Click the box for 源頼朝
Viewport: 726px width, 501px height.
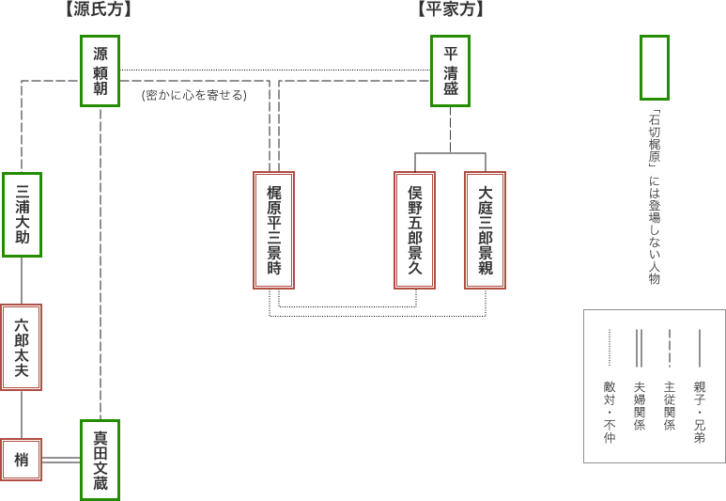pyautogui.click(x=100, y=71)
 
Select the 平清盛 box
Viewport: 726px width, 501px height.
pyautogui.click(x=450, y=71)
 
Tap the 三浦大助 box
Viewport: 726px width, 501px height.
pyautogui.click(x=22, y=214)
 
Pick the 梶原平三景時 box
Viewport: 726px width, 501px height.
pyautogui.click(x=274, y=229)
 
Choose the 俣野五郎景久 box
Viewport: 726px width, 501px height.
pyautogui.click(x=415, y=229)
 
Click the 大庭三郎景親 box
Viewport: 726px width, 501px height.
pyautogui.click(x=485, y=229)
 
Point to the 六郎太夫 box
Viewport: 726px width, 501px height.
pyautogui.click(x=22, y=347)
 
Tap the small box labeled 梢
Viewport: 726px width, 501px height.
pyautogui.click(x=22, y=459)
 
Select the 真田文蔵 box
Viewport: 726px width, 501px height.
pyautogui.click(x=100, y=460)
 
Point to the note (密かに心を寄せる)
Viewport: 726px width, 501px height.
pyautogui.click(x=194, y=95)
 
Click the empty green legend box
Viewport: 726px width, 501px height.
pyautogui.click(x=654, y=68)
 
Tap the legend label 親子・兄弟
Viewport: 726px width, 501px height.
pyautogui.click(x=699, y=411)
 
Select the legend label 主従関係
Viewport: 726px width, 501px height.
pyautogui.click(x=669, y=405)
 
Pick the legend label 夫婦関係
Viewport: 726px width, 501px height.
pyautogui.click(x=639, y=405)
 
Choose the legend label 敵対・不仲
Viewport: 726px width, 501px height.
pyautogui.click(x=609, y=411)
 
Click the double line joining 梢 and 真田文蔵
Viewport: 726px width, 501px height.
pyautogui.click(x=61, y=460)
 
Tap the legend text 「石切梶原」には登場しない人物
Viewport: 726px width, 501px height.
pyautogui.click(x=654, y=198)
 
